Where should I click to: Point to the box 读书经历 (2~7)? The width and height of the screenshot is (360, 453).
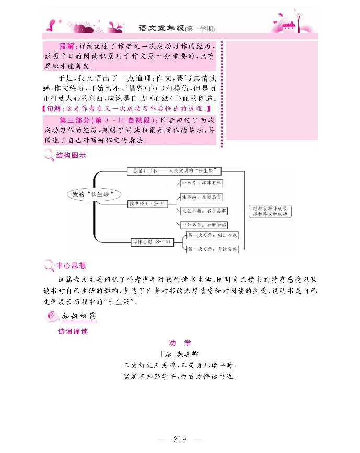coord(148,203)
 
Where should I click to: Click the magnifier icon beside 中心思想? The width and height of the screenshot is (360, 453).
coord(49,265)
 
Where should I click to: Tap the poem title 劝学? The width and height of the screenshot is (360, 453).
coord(180,343)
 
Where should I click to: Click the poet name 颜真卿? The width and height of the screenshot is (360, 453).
coord(185,354)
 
